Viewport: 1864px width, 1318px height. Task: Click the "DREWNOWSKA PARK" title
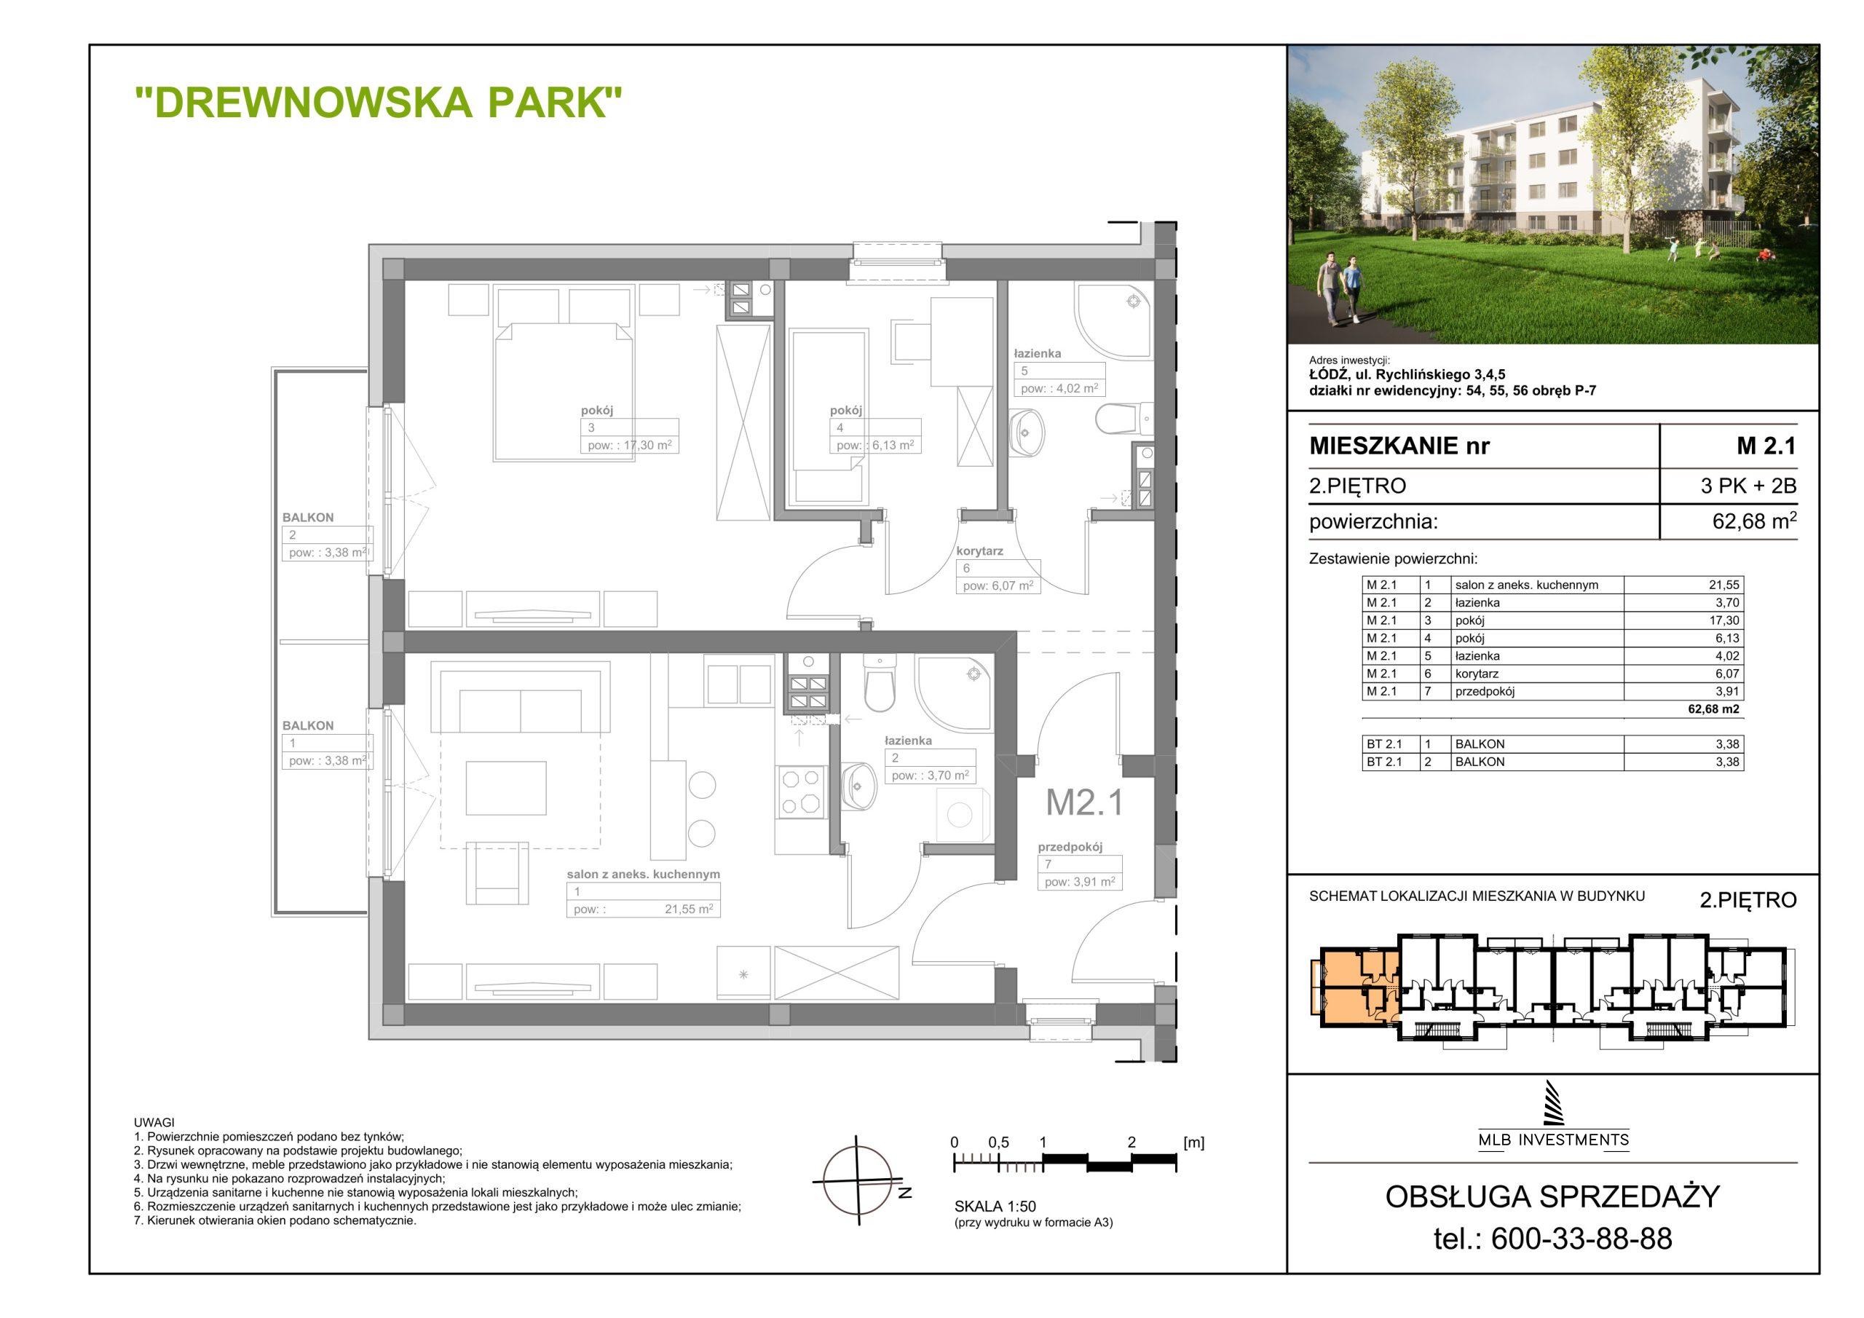pyautogui.click(x=379, y=103)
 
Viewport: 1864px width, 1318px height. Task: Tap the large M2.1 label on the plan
pyautogui.click(x=1085, y=802)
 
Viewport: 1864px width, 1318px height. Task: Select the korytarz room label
pyautogui.click(x=979, y=551)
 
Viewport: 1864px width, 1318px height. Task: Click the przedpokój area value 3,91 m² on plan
pyautogui.click(x=1080, y=881)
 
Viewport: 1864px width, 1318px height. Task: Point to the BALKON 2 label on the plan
pyautogui.click(x=308, y=517)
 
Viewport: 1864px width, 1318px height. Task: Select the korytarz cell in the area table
pyautogui.click(x=1477, y=674)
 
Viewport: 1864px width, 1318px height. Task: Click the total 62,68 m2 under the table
pyautogui.click(x=1713, y=709)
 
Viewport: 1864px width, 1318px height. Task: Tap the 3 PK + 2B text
pyautogui.click(x=1749, y=486)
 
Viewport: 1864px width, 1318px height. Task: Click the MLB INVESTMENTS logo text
pyautogui.click(x=1553, y=1140)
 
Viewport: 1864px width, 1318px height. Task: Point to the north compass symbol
pyautogui.click(x=859, y=1180)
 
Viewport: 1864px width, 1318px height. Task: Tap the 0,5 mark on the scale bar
pyautogui.click(x=998, y=1143)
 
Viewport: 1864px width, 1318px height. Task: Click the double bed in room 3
pyautogui.click(x=563, y=392)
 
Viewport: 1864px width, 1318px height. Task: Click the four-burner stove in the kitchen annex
pyautogui.click(x=800, y=792)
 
